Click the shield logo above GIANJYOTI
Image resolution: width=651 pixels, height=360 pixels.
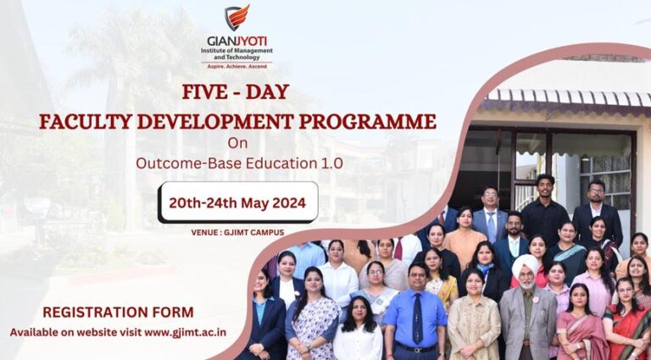tap(237, 18)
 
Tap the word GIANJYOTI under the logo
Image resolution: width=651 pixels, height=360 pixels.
tap(237, 42)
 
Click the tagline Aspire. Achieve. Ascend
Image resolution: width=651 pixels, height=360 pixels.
tap(237, 66)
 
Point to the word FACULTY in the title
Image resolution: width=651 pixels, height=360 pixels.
tap(86, 121)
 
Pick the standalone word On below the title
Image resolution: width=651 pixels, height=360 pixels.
tap(237, 143)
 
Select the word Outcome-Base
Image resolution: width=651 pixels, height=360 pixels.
tap(189, 163)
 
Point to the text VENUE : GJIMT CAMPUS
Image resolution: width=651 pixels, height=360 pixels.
tap(237, 233)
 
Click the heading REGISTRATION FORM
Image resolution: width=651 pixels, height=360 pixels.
tap(119, 313)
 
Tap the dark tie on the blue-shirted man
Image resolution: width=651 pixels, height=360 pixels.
tap(417, 318)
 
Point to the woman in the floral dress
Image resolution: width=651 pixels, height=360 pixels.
tap(312, 315)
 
